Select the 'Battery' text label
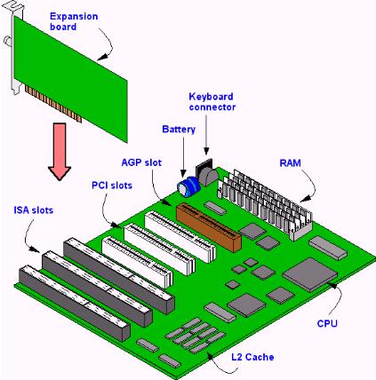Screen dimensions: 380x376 179,130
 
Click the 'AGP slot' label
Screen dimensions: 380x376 140,162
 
